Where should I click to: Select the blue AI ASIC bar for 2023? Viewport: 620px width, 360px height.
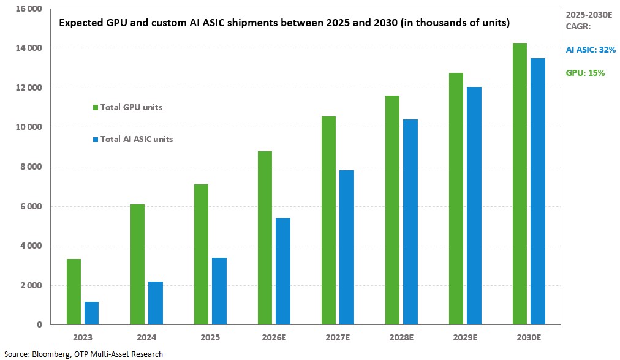coord(91,313)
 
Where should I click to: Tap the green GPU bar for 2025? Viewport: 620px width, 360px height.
coord(201,254)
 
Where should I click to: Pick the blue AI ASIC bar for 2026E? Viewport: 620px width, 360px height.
coord(282,271)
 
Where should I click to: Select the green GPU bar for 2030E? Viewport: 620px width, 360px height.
coord(520,184)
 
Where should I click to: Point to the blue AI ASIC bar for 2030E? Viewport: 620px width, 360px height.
coord(537,191)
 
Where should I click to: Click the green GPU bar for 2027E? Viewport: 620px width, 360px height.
coord(328,220)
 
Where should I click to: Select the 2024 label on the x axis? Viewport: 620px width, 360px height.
coord(146,337)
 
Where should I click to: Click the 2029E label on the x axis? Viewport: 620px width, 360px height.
coord(465,337)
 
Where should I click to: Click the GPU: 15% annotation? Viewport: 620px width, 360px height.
coord(585,73)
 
